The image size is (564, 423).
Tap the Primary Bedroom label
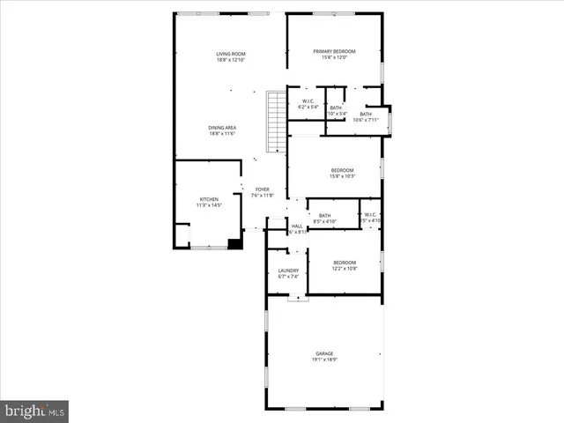coord(336,51)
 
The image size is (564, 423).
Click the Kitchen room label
coord(209,200)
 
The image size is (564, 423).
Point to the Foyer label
coord(263,189)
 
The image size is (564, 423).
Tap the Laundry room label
coord(288,271)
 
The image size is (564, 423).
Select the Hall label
coord(297,226)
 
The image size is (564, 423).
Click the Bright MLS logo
coord(34,411)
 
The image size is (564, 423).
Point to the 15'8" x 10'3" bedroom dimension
coord(342,177)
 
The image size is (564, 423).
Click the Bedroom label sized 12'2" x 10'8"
coord(345,262)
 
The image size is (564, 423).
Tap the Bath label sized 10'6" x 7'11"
coord(365,114)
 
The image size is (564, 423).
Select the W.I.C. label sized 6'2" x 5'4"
coord(308,101)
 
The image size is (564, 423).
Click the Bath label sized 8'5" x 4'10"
coord(324,216)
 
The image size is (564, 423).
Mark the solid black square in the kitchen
coord(234,243)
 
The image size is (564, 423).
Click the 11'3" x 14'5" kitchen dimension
coord(209,206)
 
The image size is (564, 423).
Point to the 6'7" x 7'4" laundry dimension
coord(288,277)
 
